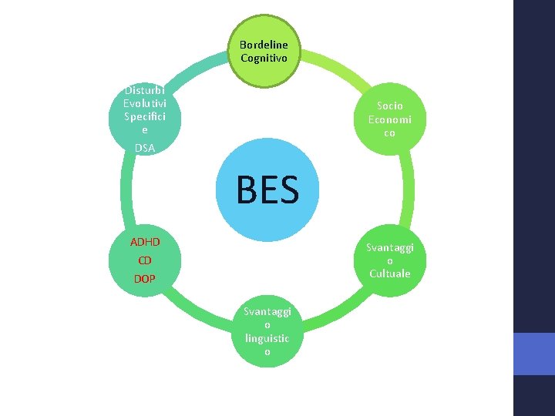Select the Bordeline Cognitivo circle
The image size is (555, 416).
(x=264, y=51)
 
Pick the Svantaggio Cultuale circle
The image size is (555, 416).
(x=389, y=260)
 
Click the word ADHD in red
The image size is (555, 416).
(x=145, y=243)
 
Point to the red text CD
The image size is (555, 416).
(x=145, y=260)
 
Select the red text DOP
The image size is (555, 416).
(x=145, y=278)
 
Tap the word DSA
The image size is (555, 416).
(x=143, y=147)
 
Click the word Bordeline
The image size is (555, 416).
(x=264, y=45)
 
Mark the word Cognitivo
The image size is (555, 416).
(x=264, y=58)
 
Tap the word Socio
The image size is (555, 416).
(x=389, y=106)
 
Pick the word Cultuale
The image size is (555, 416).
(x=389, y=273)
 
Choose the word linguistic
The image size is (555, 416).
(x=267, y=338)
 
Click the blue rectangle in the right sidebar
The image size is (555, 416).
(x=534, y=354)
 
